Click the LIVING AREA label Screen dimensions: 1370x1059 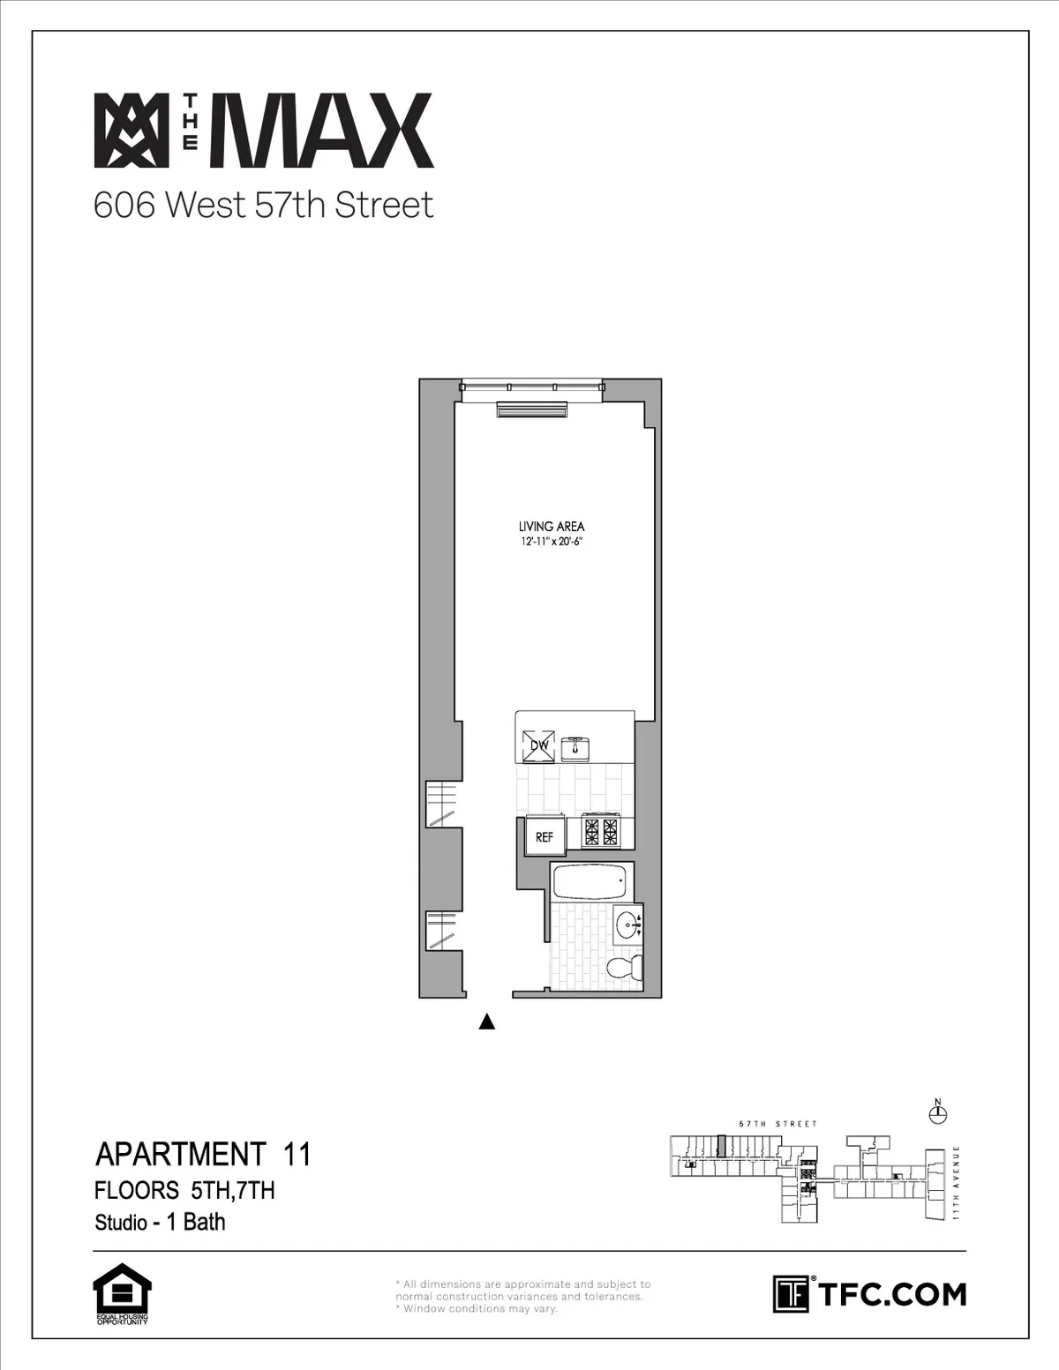pos(552,527)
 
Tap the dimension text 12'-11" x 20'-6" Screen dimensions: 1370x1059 pos(552,543)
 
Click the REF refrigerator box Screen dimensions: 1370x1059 pos(545,837)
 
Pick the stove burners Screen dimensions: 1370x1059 pos(599,831)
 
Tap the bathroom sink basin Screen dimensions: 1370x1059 pos(628,926)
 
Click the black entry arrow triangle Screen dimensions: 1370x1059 pos(485,1022)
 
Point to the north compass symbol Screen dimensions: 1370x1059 pos(938,1115)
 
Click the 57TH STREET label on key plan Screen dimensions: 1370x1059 pos(777,1124)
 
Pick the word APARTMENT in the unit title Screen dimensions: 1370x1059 pos(180,1154)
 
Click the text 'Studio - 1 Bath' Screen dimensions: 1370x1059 pos(160,1222)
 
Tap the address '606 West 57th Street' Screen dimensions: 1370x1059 pos(264,205)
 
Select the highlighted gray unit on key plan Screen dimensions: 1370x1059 pos(721,1146)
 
